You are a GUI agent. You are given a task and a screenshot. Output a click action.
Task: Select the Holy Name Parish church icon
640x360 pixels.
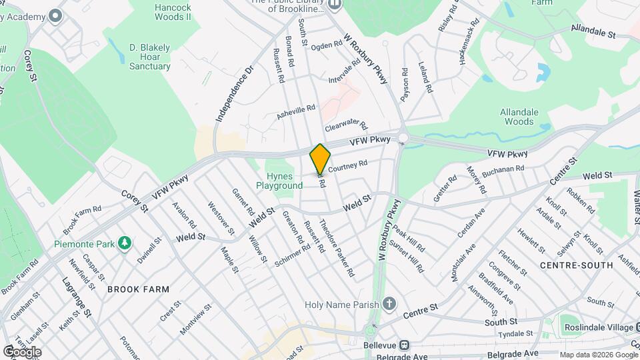[390, 305]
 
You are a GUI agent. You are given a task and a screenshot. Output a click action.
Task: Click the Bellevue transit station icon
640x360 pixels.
[405, 346]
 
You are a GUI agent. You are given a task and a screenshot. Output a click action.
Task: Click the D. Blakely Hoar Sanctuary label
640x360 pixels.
[150, 57]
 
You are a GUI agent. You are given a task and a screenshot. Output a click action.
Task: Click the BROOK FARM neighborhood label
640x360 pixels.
[138, 289]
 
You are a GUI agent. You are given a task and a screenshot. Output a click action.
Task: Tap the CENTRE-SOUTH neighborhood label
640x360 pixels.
[576, 265]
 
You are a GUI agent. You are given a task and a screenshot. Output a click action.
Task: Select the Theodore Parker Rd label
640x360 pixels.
[337, 248]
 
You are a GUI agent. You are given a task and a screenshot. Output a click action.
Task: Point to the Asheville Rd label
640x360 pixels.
[295, 112]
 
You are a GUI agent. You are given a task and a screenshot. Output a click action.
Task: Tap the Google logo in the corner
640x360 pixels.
[22, 351]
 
